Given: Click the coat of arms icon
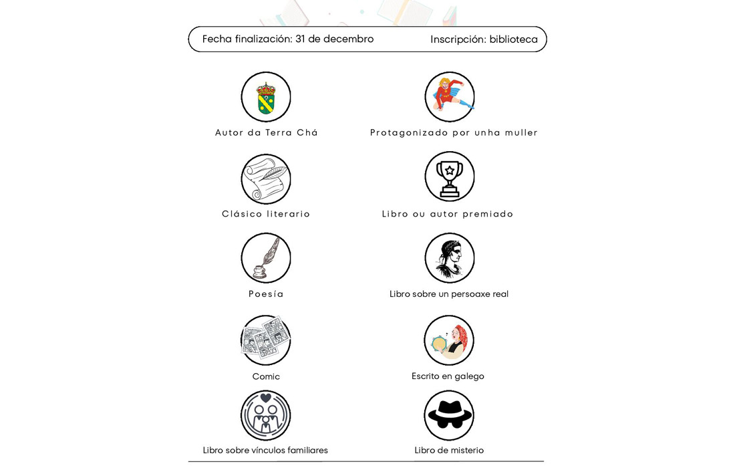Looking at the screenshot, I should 266,97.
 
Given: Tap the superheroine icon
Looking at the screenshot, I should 450,97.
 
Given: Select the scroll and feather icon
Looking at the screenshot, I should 266,179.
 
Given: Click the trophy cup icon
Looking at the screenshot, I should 450,177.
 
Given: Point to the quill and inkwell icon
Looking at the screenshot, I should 266,258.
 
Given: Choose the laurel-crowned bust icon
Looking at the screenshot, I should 450,258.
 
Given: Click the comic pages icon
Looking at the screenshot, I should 266,340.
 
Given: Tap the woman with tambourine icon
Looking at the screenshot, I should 449,340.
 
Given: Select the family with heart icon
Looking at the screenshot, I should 266,415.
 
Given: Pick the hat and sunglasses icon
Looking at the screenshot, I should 449,415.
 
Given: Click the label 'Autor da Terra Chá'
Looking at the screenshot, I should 267,133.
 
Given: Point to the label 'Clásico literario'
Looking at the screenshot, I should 266,214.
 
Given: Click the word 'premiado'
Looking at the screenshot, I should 488,214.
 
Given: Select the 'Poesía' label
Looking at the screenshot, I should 266,294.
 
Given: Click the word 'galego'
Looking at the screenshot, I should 469,376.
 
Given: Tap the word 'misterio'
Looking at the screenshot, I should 466,451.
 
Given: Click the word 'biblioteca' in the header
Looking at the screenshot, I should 513,39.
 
